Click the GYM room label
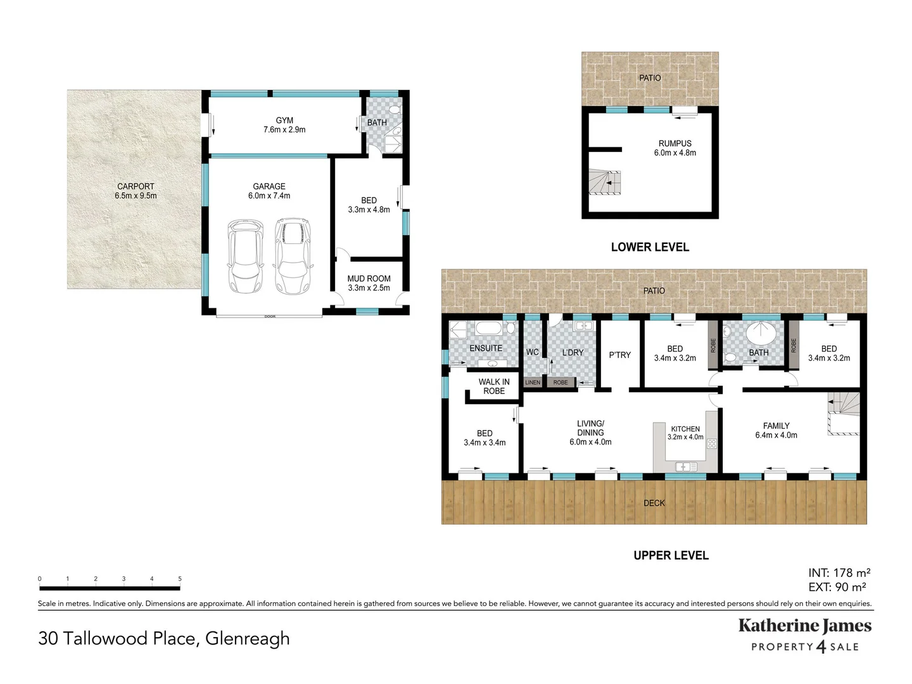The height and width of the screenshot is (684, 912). (x=284, y=120)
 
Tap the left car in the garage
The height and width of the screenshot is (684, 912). (x=245, y=256)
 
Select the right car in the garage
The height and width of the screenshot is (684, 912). (x=292, y=256)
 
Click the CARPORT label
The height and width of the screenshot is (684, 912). (x=136, y=186)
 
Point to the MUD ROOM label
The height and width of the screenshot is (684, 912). (x=369, y=279)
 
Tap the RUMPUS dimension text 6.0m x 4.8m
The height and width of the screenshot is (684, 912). (x=674, y=153)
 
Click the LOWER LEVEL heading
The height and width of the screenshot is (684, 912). (x=650, y=247)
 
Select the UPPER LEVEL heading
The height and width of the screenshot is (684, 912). (x=671, y=555)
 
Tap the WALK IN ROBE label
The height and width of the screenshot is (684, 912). (x=494, y=386)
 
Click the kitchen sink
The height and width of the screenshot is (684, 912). (x=686, y=467)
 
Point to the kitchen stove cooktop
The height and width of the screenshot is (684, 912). (x=712, y=444)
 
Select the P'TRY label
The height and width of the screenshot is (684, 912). (x=619, y=355)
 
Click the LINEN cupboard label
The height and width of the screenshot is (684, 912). (x=533, y=383)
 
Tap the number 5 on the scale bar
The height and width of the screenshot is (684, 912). (x=180, y=579)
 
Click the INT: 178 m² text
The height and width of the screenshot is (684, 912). (x=839, y=573)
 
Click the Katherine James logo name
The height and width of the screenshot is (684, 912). (x=805, y=626)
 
